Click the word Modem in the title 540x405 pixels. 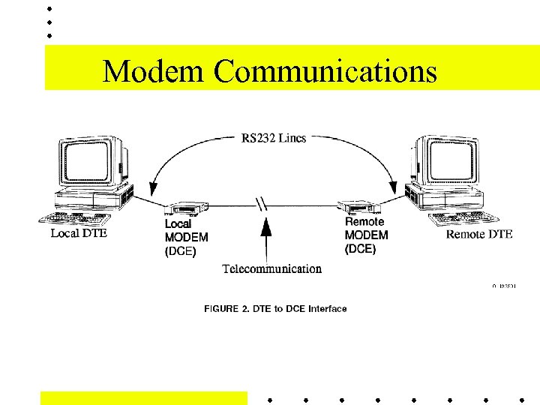tap(153, 71)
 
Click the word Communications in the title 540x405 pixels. tap(325, 71)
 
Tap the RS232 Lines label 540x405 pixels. tap(273, 138)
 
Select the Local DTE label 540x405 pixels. tap(79, 233)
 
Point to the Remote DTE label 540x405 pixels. tap(479, 234)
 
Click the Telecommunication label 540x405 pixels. tap(272, 268)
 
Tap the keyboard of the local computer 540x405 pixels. tap(77, 218)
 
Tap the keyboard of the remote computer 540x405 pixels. tap(463, 218)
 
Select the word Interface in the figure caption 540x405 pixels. tap(328, 309)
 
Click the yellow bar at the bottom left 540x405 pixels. tap(143, 397)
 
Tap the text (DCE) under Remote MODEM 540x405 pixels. tap(361, 249)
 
